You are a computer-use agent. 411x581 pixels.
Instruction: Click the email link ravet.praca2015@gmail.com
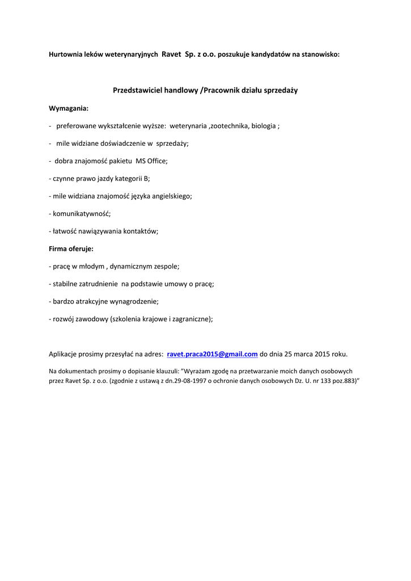coord(213,354)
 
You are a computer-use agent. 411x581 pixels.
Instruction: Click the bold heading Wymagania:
coord(69,108)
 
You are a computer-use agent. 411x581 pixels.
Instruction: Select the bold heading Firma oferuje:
coord(71,249)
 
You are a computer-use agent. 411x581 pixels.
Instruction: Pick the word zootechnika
coord(230,126)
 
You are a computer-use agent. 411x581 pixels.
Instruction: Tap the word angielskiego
coord(172,196)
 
